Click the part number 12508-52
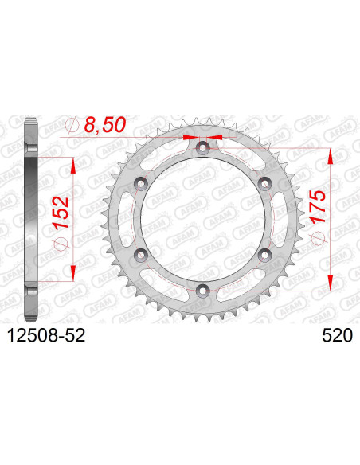click(46, 336)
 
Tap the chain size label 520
click(338, 336)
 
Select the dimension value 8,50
click(105, 124)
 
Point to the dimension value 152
click(61, 213)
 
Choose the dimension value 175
click(318, 206)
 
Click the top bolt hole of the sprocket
click(203, 147)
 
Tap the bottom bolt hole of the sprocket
click(203, 291)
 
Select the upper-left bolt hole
click(141, 183)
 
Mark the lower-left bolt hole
click(141, 255)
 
